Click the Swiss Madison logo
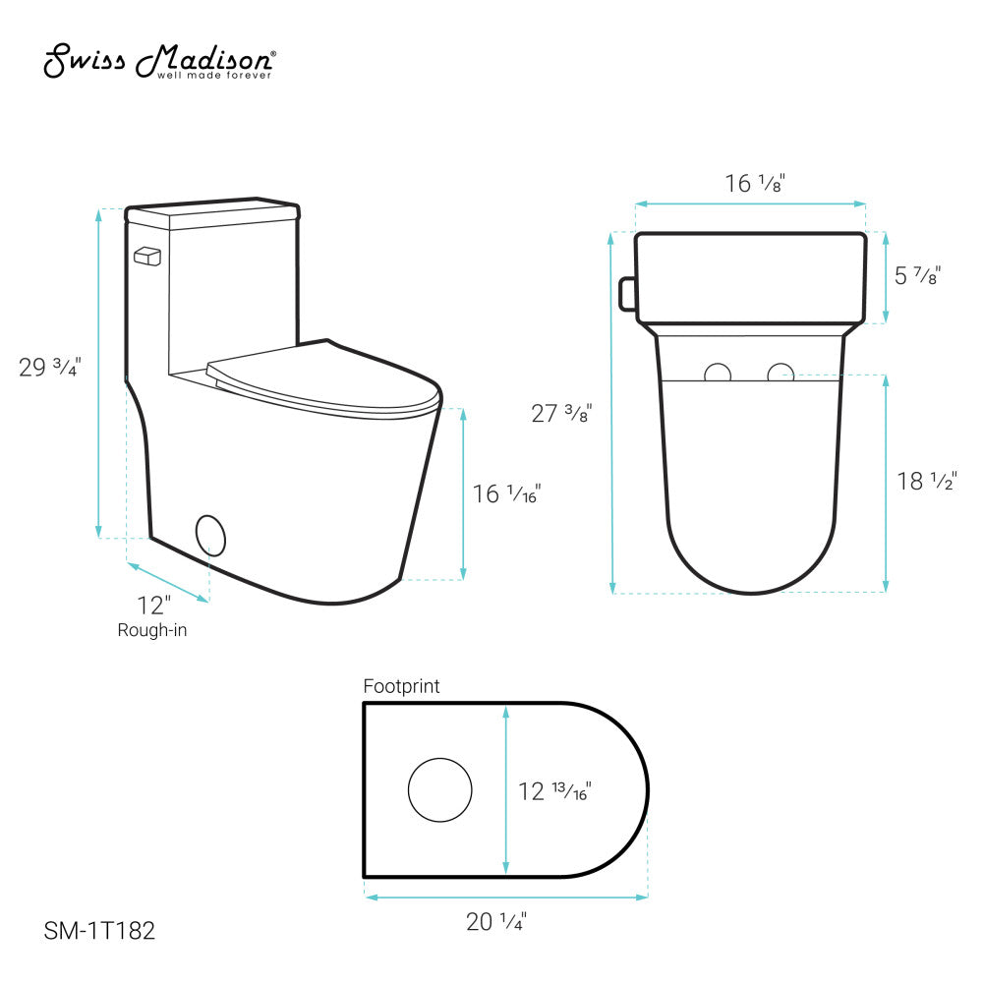coord(159,61)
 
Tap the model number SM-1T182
coord(99,930)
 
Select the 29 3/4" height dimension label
coord(50,367)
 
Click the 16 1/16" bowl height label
coord(506,494)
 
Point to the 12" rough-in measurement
coord(153,606)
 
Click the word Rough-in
coord(152,630)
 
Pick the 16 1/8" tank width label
coord(755,183)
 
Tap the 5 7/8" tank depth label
coord(918,275)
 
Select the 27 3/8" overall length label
coord(561,413)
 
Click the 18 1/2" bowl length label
coord(927,481)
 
